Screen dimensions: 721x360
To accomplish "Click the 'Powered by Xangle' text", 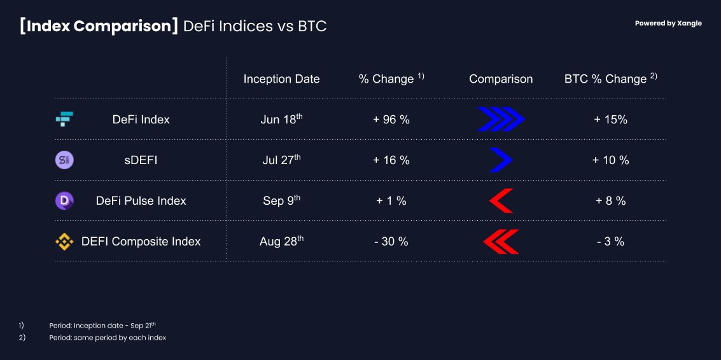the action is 668,24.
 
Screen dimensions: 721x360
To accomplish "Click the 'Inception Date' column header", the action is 281,79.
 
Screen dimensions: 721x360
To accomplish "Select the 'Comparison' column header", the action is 501,79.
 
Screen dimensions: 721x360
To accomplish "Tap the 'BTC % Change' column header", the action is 611,79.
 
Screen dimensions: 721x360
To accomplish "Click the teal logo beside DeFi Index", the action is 64,119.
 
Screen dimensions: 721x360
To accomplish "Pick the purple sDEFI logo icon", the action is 64,160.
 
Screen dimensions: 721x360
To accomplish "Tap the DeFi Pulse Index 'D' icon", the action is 64,201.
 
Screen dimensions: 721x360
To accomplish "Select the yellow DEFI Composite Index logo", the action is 64,242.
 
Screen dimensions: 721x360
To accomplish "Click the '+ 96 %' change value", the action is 391,120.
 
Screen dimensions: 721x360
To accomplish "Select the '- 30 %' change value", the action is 391,242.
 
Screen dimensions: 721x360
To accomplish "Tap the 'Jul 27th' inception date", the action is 281,159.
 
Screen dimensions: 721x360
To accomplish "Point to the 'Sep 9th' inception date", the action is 281,200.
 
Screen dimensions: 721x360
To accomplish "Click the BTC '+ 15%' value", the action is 611,120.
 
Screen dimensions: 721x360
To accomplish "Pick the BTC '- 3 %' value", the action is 611,242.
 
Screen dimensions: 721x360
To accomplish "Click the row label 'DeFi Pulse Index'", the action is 141,201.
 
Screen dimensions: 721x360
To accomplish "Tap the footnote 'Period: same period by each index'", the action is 108,338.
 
